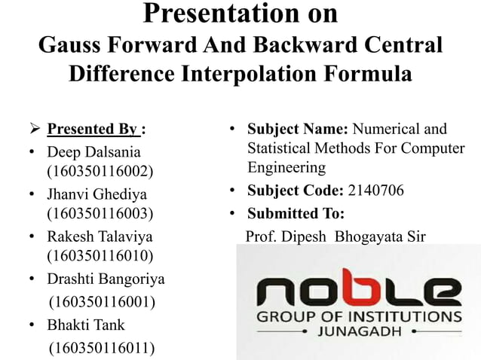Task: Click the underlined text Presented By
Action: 93,129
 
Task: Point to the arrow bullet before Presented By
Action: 34,129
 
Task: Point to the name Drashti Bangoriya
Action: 106,279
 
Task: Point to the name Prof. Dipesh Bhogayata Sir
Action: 335,236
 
